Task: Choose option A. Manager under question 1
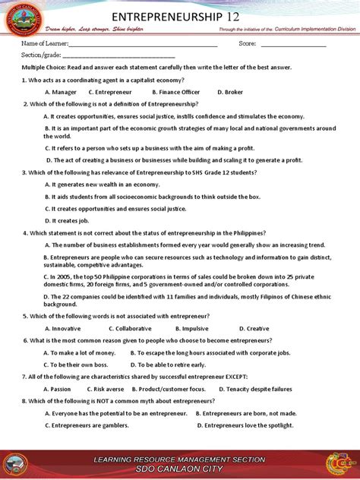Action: [x=60, y=92]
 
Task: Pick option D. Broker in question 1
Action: [x=230, y=92]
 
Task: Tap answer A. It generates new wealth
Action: [x=102, y=185]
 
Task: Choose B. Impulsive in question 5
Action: [x=191, y=328]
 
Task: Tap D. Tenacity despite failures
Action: [x=259, y=389]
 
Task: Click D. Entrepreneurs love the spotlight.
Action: [x=244, y=425]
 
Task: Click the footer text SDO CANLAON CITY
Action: [x=179, y=469]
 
